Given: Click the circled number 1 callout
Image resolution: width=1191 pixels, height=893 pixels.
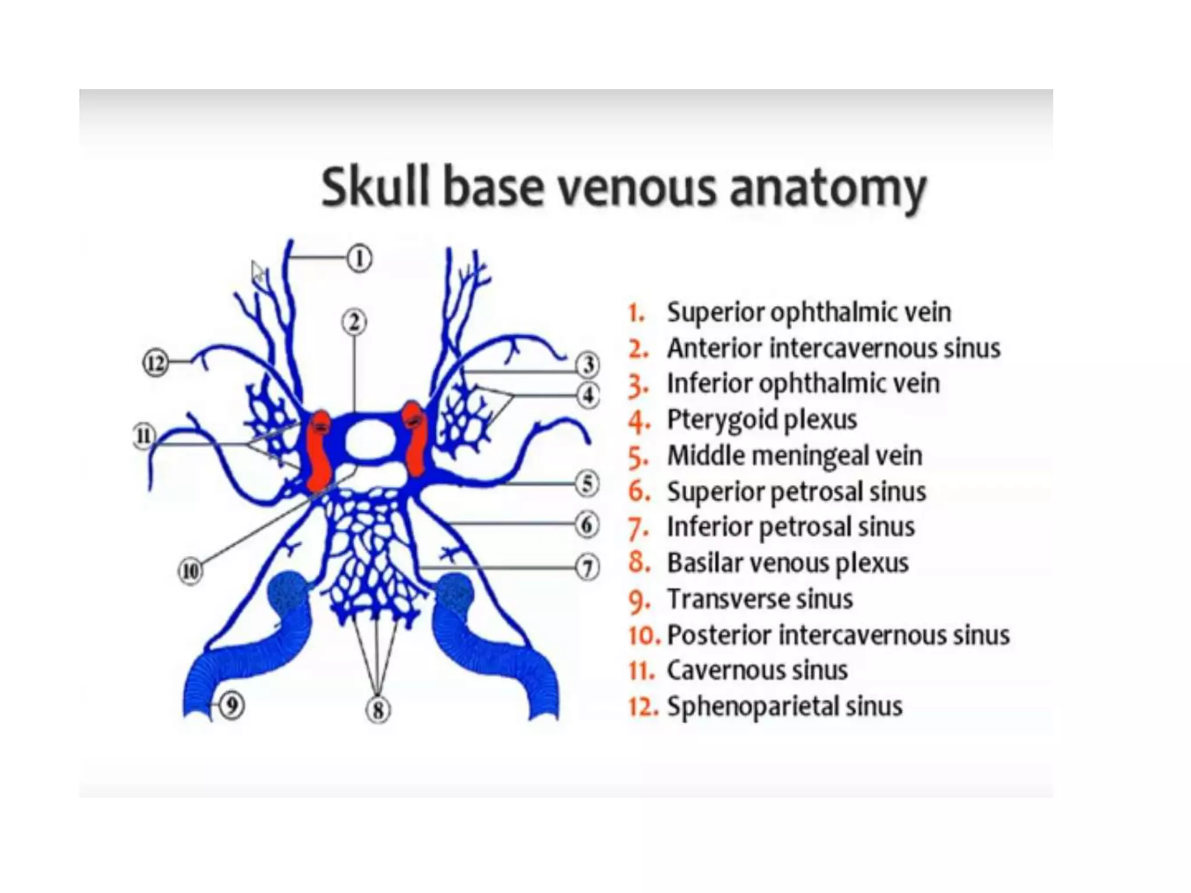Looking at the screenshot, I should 359,258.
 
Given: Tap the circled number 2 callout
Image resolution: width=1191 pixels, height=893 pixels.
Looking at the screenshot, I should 354,322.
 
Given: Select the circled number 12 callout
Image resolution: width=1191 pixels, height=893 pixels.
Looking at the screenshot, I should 155,363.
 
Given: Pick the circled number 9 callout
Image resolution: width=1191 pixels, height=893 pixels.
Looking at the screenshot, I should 231,706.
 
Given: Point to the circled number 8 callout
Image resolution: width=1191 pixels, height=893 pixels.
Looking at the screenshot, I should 377,710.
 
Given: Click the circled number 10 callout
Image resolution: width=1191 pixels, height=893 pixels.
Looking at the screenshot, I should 190,571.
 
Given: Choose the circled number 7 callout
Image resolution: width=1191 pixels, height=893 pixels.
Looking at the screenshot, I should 587,567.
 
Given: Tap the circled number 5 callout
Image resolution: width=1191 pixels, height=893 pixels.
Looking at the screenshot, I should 587,484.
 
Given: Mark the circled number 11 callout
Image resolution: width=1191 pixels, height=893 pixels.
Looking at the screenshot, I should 144,435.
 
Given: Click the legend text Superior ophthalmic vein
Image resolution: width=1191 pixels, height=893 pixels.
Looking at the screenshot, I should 808,312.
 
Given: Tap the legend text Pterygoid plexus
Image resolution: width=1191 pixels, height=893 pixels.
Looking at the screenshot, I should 762,419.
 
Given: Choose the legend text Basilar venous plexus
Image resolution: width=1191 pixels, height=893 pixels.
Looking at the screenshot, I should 787,563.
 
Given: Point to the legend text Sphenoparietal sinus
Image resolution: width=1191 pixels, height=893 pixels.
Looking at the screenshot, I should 785,706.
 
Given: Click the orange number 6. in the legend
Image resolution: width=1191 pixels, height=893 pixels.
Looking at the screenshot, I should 639,492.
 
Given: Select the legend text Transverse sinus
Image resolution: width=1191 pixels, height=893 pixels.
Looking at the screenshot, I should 759,599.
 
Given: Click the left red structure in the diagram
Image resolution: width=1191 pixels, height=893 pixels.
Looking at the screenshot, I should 319,451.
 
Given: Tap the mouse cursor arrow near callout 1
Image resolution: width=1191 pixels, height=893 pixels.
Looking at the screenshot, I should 257,271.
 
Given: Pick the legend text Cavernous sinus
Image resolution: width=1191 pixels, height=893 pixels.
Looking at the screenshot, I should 757,670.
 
